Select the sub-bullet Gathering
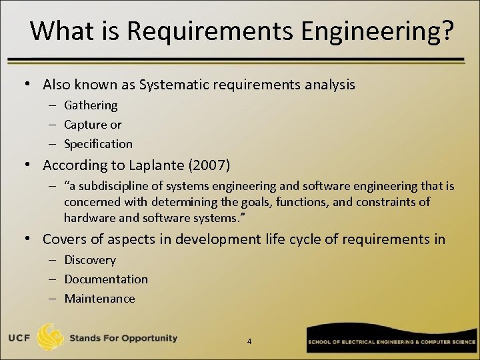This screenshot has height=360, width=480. tap(91, 105)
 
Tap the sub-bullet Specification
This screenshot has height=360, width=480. tap(98, 144)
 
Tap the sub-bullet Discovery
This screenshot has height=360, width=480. tap(90, 260)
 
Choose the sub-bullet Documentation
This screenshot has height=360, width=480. tap(106, 279)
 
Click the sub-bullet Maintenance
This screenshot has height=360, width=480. tap(99, 299)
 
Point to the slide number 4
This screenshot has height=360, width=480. tap(249, 341)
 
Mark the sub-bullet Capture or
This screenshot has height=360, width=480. tap(93, 125)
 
